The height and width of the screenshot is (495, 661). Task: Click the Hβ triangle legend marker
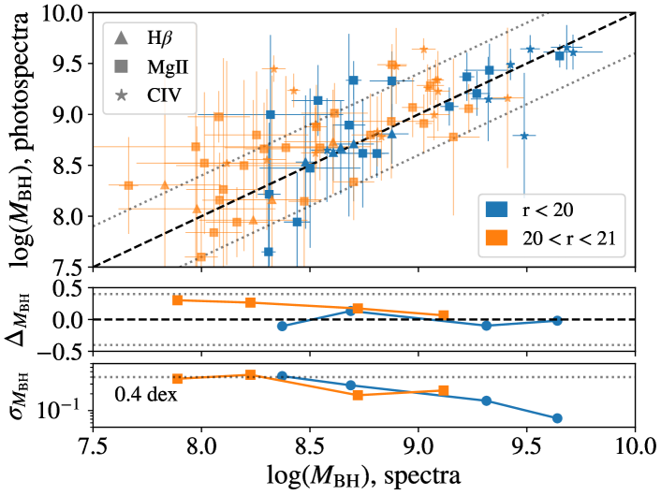coord(122,38)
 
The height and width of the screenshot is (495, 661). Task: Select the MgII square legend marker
coord(122,66)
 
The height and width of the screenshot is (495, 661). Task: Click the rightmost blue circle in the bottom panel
coord(557,418)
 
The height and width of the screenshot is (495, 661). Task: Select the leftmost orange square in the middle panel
coord(177,299)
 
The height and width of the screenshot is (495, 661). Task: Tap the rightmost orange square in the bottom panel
coord(444,390)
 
